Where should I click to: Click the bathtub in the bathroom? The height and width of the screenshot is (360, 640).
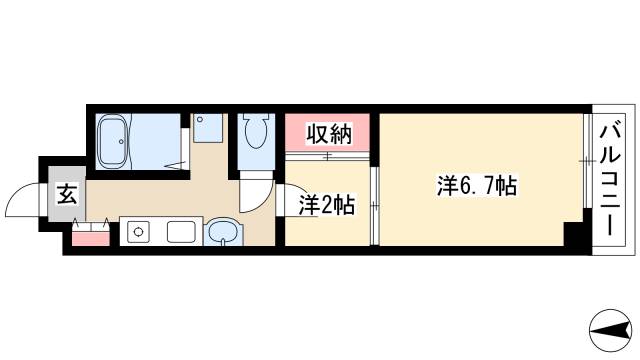coord(113,141)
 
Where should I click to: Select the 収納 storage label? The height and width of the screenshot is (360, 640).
coord(329,133)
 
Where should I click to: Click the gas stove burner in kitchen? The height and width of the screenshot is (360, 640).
coord(136,234)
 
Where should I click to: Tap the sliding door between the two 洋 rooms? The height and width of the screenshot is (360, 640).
coord(374,206)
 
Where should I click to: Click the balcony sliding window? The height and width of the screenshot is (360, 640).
coord(587,160)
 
